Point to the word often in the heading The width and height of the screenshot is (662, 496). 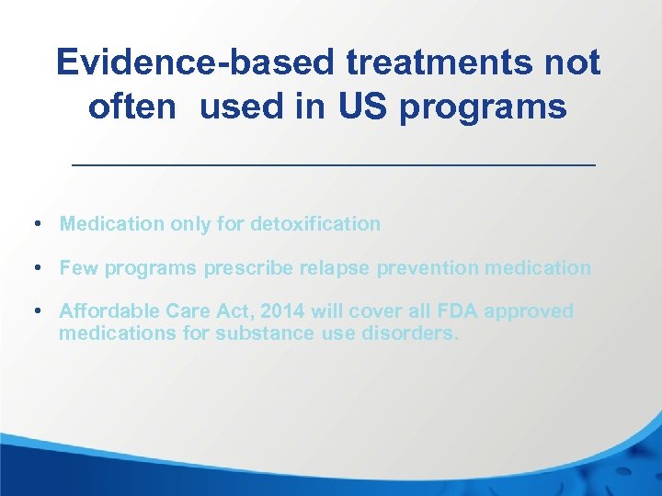(131, 107)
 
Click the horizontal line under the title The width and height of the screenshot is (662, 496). (334, 164)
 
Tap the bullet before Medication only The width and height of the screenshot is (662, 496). (34, 223)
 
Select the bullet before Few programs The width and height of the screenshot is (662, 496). (34, 268)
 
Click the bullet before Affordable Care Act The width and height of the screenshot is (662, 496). (34, 311)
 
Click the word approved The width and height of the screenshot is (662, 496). (528, 312)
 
